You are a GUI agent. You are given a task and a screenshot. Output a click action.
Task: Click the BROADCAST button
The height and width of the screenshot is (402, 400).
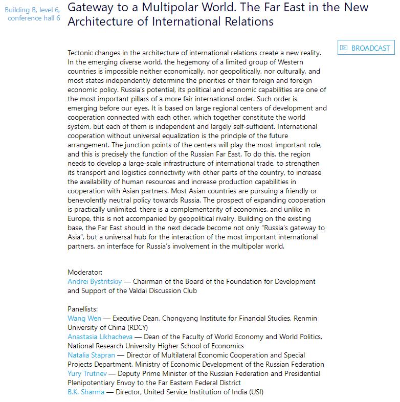[x=366, y=48]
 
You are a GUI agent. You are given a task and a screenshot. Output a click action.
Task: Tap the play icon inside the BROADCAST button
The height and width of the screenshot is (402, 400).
[x=344, y=48]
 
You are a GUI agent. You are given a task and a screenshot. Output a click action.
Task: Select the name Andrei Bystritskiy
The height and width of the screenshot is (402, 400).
[x=95, y=281]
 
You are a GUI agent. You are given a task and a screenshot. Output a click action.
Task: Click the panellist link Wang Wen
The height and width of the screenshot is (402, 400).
[x=84, y=318]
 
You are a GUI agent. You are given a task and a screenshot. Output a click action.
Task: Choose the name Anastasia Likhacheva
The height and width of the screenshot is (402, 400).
[x=100, y=337]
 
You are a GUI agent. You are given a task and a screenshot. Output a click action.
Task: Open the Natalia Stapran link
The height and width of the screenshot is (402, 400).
[x=92, y=355]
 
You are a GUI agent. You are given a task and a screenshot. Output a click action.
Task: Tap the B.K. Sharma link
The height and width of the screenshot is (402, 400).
[x=86, y=392]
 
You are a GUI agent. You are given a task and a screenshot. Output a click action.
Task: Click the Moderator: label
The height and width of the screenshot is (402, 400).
[x=85, y=272]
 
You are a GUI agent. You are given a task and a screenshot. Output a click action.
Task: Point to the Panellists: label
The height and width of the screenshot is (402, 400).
[x=83, y=309]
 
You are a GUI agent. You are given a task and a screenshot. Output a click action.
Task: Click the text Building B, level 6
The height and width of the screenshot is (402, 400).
[x=32, y=10]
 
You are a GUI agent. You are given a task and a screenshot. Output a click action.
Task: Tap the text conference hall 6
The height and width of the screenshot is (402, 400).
[x=34, y=18]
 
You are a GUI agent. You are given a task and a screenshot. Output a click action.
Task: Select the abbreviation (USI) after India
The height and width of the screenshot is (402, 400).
[x=254, y=392]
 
